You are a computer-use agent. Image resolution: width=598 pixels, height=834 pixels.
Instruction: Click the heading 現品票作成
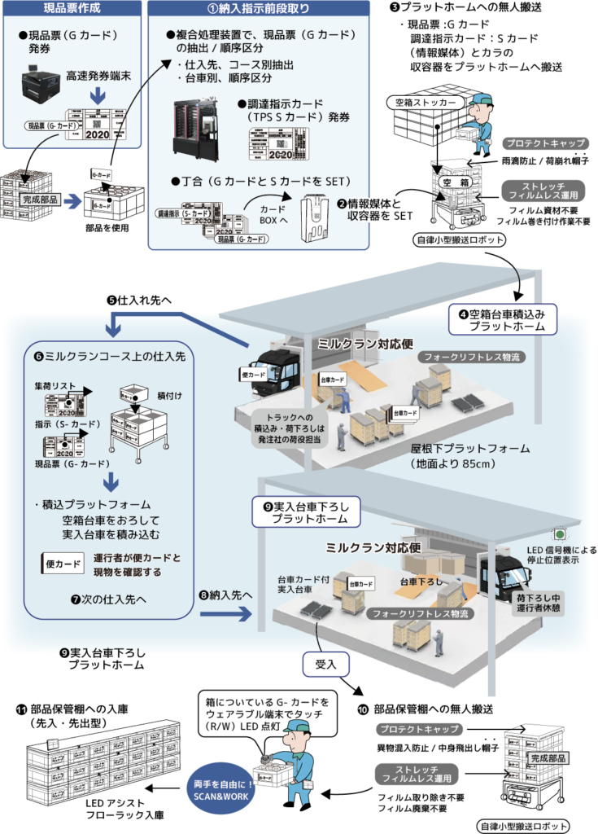[x=72, y=9]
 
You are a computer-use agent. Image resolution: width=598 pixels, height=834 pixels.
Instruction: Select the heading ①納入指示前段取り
[x=259, y=9]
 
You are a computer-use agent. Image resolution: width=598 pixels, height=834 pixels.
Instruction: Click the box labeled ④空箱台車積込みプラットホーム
[x=503, y=318]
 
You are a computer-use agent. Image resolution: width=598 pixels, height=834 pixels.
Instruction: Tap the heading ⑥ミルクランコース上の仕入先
[x=106, y=356]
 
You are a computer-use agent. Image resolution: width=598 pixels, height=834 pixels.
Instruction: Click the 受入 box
[x=325, y=664]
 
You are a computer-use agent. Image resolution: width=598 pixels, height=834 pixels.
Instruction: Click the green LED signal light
[x=559, y=534]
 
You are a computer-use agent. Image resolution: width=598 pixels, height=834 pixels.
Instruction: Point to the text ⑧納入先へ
[x=225, y=595]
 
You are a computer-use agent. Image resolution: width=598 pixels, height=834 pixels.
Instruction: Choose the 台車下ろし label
[x=420, y=582]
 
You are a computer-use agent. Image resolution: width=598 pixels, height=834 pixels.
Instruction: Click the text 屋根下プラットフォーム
[x=470, y=448]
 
